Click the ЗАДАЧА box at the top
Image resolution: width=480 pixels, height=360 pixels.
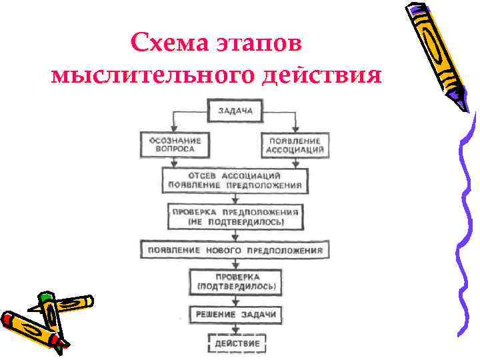tap(235, 111)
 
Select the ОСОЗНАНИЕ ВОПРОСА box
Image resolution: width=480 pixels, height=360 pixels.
tap(172, 145)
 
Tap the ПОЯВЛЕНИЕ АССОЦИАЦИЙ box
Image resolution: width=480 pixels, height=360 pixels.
tap(295, 145)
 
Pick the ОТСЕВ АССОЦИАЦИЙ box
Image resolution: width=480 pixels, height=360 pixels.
tap(234, 180)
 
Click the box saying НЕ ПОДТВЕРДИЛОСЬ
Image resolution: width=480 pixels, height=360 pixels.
tap(236, 215)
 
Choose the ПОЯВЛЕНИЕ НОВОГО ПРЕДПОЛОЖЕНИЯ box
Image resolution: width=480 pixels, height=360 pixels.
tap(234, 251)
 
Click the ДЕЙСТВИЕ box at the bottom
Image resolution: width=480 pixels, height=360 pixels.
tap(237, 343)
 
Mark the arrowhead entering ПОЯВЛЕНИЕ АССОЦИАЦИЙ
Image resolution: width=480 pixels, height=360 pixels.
tap(295, 129)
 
